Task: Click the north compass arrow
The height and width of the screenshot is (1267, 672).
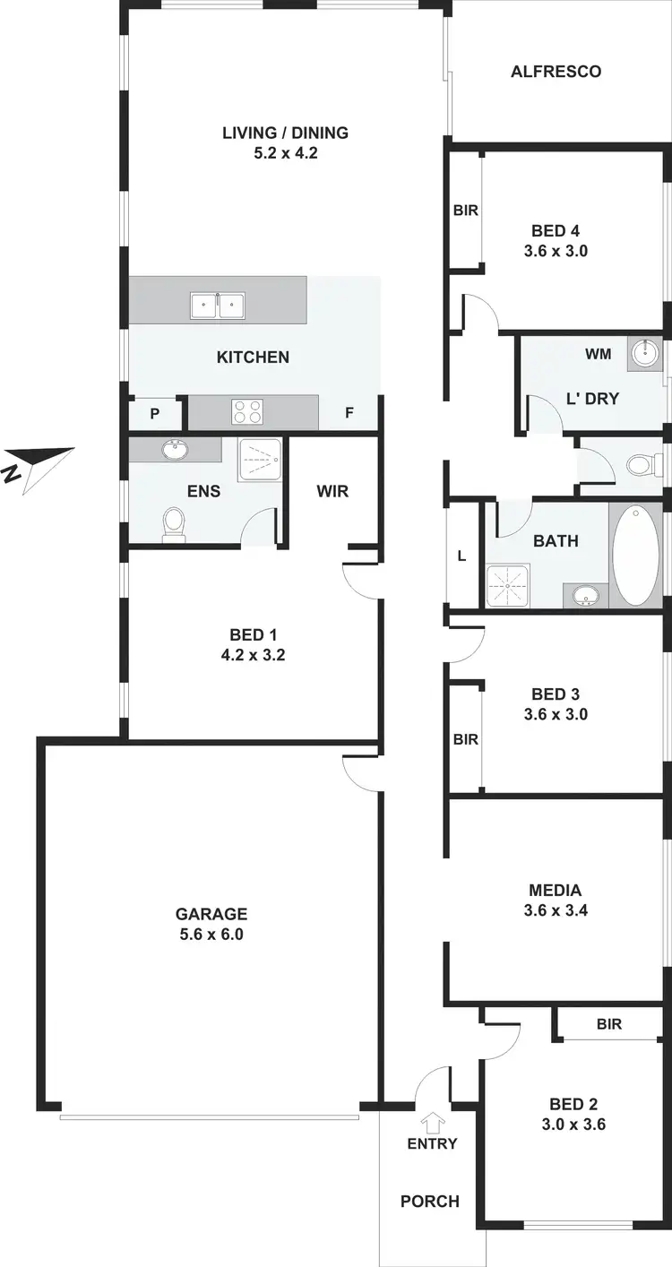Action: coord(39,465)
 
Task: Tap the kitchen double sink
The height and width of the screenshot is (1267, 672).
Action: coord(218,306)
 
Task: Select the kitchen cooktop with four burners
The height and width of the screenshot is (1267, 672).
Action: coord(247,412)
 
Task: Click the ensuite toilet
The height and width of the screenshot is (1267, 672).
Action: coord(174,524)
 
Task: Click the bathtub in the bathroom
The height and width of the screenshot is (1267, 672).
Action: coord(635,556)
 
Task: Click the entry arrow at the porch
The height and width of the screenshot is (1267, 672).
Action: coord(433,1121)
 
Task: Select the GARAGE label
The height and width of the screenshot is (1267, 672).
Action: coord(211,915)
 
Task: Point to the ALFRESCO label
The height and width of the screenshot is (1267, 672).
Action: coord(556,72)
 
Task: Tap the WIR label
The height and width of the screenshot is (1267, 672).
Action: coord(332,491)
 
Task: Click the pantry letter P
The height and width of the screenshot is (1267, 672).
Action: coord(154,416)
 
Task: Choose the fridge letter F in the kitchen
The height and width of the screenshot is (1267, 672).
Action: coord(349,414)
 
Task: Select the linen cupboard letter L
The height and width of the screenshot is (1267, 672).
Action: coord(461,556)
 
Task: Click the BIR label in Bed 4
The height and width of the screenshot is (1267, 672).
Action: coord(465,211)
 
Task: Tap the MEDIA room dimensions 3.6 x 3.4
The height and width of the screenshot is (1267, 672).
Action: coord(556,910)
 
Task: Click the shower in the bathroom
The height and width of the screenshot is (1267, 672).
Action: coord(508,585)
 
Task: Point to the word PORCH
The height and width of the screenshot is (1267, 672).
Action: coord(430,1202)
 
